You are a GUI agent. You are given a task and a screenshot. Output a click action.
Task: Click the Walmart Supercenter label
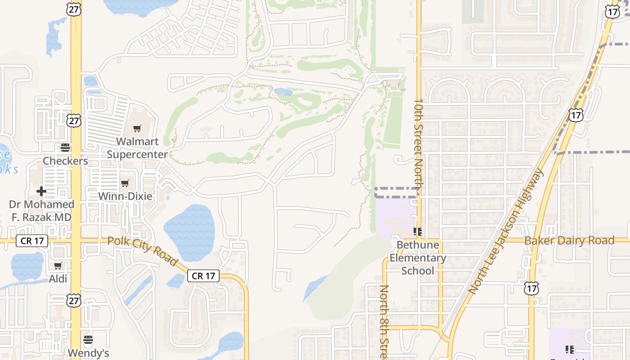[x=137, y=148]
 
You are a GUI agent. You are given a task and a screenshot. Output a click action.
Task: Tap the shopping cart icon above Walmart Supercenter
[x=137, y=129]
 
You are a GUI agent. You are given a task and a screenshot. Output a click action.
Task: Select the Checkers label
[x=65, y=161]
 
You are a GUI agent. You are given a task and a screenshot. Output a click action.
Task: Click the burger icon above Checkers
[x=65, y=148]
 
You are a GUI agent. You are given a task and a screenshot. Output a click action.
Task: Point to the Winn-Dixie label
[x=125, y=196]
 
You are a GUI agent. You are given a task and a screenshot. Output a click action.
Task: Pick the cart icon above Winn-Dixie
[x=125, y=183]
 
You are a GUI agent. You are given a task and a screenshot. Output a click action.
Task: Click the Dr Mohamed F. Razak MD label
[x=41, y=211]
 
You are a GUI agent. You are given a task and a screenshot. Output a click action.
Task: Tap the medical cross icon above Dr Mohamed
[x=41, y=191]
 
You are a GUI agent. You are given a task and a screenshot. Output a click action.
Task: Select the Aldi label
[x=58, y=279]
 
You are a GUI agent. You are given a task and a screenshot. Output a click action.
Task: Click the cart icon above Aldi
[x=58, y=266]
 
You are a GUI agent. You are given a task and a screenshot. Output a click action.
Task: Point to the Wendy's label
[x=89, y=353]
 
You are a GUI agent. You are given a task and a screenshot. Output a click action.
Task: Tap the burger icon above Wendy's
[x=88, y=339]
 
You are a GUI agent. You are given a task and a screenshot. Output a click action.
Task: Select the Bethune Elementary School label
[x=418, y=258]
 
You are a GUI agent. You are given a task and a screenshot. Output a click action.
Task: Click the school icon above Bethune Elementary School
[x=418, y=232]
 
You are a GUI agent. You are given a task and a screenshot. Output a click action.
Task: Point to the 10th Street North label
[x=418, y=144]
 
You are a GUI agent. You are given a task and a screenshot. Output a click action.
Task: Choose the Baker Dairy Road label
[x=569, y=240]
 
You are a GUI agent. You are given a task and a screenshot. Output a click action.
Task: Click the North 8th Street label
[x=384, y=322]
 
